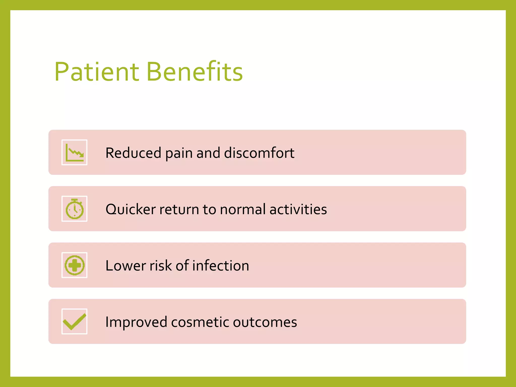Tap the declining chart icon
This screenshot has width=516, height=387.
74,152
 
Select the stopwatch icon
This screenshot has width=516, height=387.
74,209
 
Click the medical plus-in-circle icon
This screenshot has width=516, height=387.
74,265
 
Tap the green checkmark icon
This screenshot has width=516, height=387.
74,321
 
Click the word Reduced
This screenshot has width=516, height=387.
133,153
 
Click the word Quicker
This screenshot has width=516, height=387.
131,209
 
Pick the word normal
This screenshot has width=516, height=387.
243,209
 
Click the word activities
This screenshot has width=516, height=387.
298,209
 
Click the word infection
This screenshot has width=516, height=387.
221,266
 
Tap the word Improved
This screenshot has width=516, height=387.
136,322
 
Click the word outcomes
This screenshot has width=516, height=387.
265,322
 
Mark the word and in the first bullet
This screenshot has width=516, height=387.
208,153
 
